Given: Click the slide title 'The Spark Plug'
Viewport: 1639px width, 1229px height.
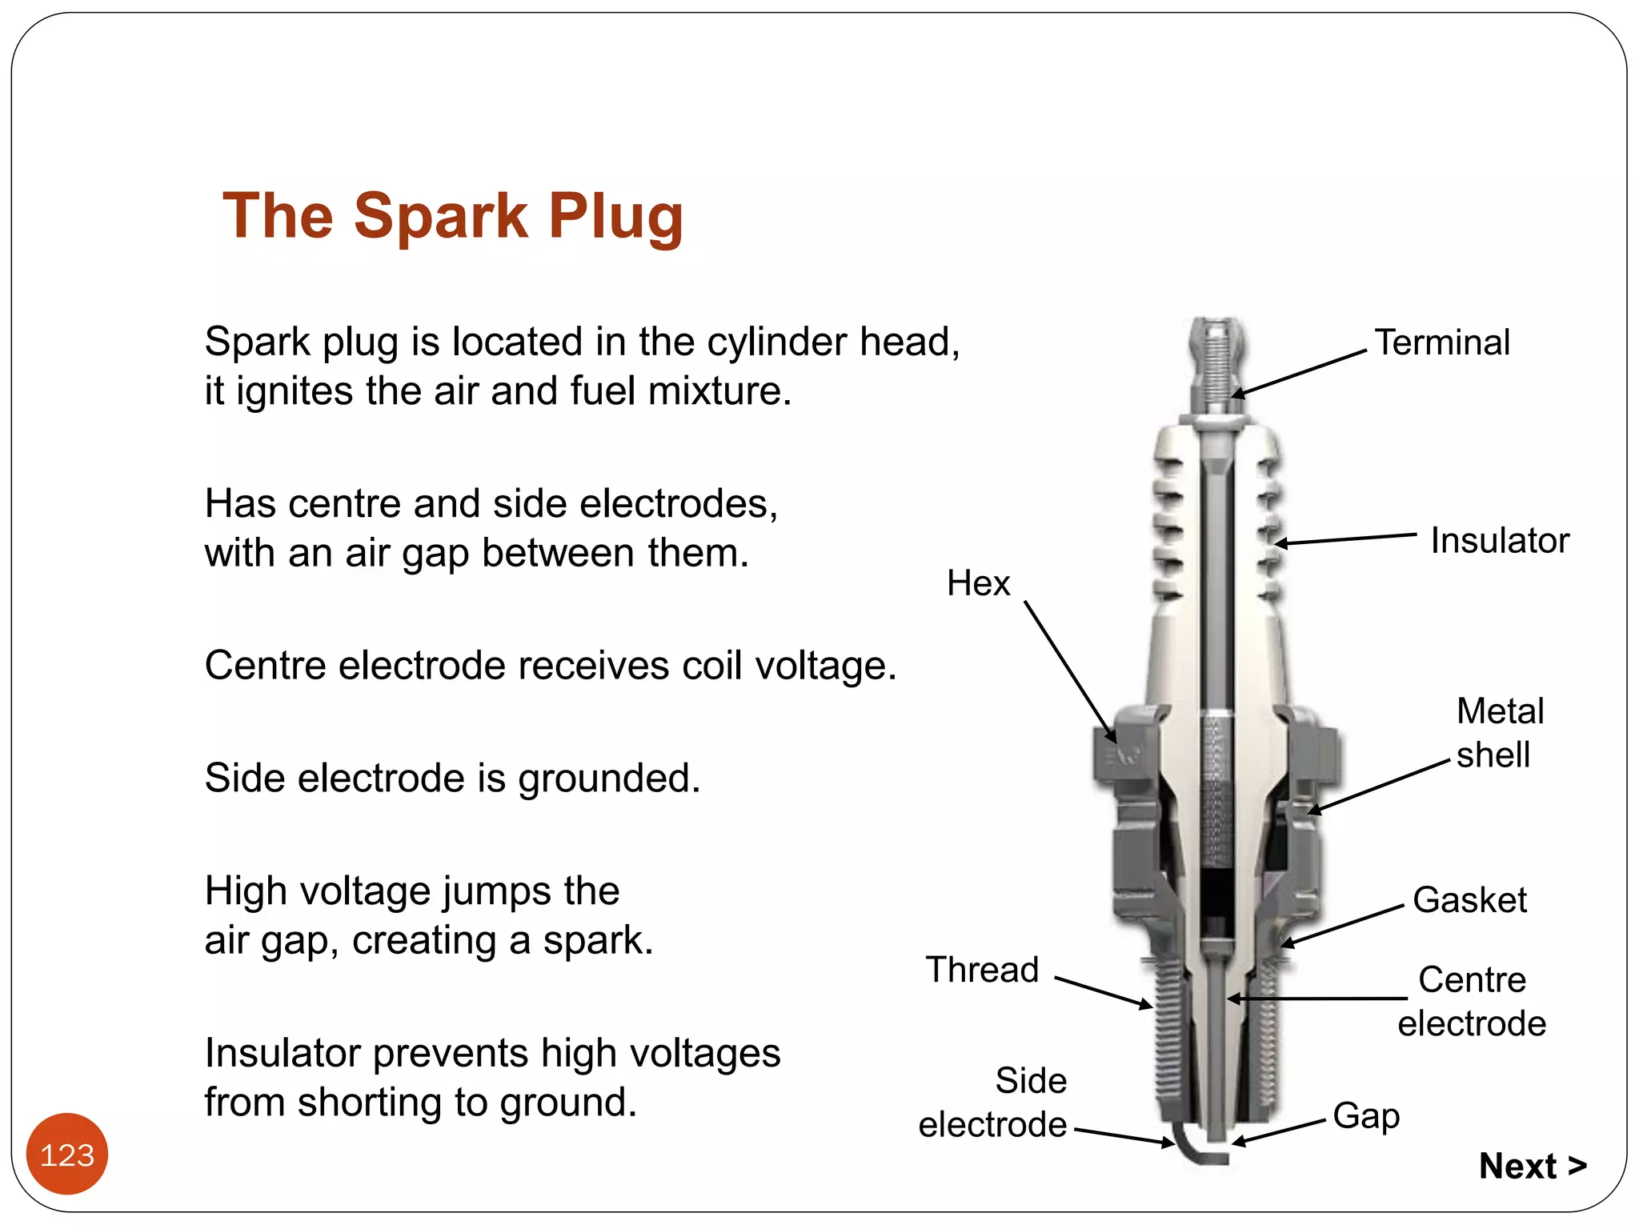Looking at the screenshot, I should pos(453,216).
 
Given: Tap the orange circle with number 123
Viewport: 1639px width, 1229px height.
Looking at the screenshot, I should pos(67,1154).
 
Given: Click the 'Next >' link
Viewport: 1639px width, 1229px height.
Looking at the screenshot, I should pos(1532,1166).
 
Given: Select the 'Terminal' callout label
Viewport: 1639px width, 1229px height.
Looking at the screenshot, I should pos(1442,342).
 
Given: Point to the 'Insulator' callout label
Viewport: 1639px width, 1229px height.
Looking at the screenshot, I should pos(1500,541).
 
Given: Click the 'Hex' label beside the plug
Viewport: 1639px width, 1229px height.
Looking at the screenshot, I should pos(978,583).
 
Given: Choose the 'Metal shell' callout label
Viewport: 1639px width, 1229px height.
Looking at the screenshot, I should pos(1499,733).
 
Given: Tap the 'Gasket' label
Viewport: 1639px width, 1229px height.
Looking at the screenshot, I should pos(1469,900).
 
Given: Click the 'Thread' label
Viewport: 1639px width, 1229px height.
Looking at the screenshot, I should pos(982,970).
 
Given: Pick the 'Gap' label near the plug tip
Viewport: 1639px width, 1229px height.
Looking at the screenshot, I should pos(1366,1115).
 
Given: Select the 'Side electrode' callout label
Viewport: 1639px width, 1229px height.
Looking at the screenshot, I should pos(993,1103).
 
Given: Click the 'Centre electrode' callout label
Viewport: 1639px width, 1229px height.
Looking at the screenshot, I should pos(1472,1002).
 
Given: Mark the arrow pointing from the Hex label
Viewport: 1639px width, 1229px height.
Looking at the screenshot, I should pos(1069,672).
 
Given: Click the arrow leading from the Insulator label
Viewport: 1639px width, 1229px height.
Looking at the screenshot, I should pos(1344,538).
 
